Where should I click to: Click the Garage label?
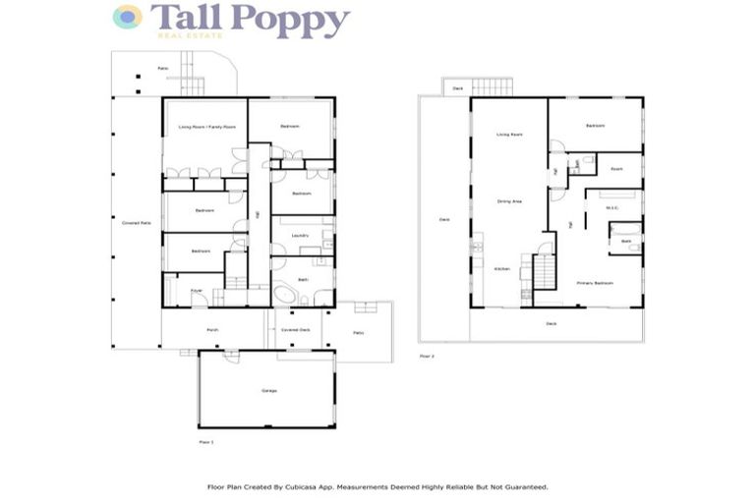tap(268, 391)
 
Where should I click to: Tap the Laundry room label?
tap(301, 236)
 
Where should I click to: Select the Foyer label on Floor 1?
tap(196, 291)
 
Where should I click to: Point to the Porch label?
tap(211, 330)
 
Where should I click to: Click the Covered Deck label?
tap(294, 330)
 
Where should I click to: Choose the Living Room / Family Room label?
tap(206, 128)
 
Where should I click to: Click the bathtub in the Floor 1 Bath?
tap(286, 295)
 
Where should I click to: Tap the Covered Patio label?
tap(136, 224)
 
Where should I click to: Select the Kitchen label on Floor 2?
tap(501, 268)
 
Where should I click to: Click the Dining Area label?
tap(509, 201)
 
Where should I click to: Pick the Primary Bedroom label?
tap(596, 283)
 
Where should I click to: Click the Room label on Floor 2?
tap(616, 169)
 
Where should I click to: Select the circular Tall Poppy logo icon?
tap(127, 17)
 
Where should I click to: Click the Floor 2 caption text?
tap(426, 355)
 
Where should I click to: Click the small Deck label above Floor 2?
tap(457, 88)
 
